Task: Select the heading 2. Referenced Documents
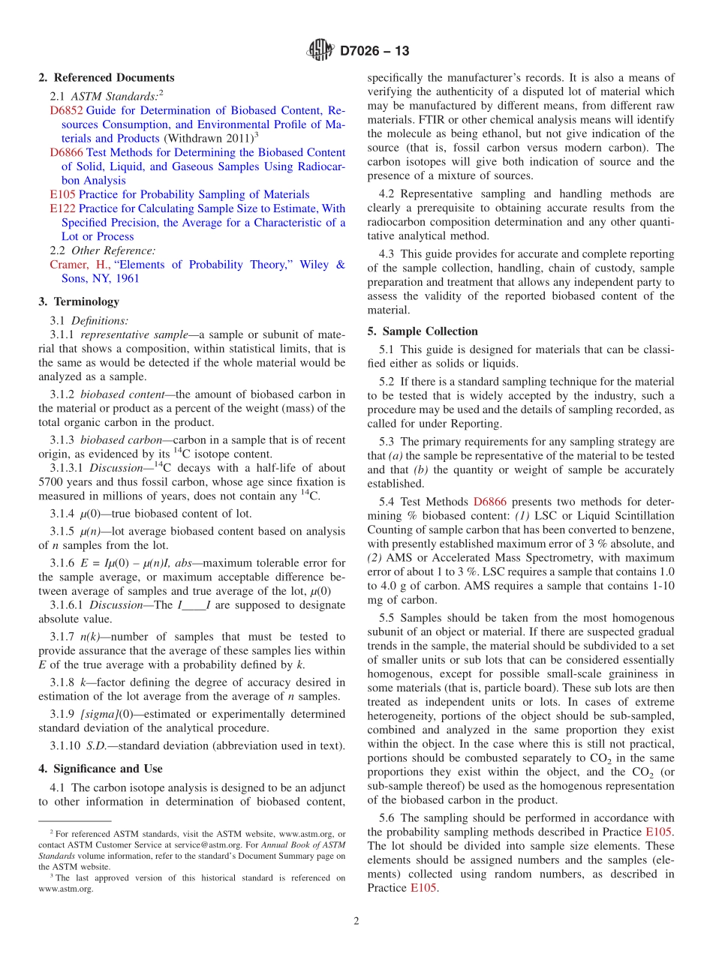107,77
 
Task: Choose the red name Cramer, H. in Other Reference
79,264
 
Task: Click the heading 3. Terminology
79,301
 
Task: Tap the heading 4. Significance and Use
100,769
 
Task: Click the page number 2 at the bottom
356,921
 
